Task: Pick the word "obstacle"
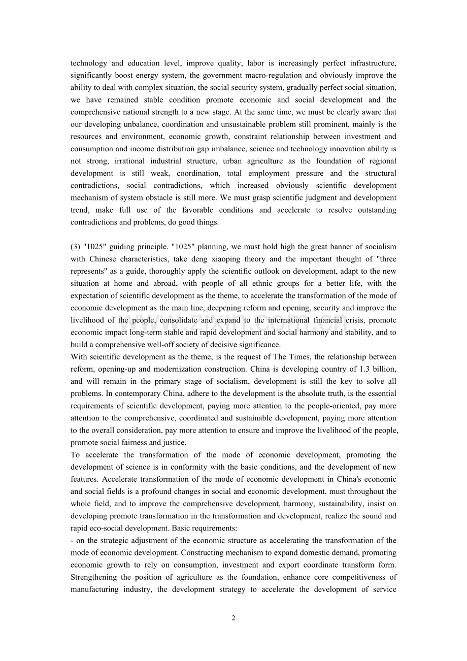(164, 197)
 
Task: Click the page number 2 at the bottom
(233, 618)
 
